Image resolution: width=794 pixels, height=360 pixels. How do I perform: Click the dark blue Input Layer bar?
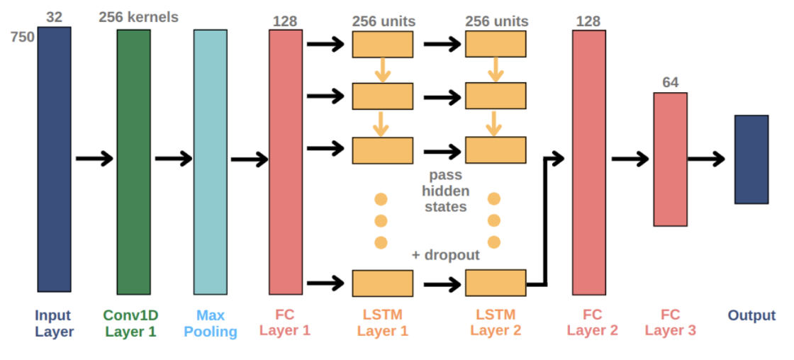(x=55, y=159)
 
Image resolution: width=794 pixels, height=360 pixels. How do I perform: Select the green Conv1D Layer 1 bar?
(x=134, y=162)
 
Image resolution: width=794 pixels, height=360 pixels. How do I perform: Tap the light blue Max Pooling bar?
(x=211, y=162)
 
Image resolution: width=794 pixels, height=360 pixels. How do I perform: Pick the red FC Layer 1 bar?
(x=286, y=162)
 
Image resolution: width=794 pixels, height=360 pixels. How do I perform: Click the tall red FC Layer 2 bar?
(x=589, y=162)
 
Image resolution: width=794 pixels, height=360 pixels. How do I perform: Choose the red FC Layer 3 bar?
(x=670, y=159)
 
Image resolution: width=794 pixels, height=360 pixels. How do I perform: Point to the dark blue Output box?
(x=751, y=159)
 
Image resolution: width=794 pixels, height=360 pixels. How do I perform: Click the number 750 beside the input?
(x=23, y=37)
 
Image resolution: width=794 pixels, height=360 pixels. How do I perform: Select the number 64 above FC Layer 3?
(x=670, y=82)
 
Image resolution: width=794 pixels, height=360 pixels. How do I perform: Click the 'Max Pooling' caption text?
(x=211, y=323)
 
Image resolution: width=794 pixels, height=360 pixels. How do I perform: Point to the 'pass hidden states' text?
(x=445, y=191)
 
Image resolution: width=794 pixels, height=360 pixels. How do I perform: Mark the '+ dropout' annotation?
(x=446, y=255)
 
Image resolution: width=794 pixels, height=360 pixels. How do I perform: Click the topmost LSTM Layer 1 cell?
(x=382, y=44)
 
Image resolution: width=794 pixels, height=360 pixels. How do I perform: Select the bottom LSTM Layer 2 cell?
(x=496, y=283)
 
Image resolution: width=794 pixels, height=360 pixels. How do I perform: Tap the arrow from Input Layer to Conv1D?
(x=94, y=159)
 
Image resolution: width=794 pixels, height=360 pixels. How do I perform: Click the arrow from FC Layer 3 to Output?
(x=706, y=159)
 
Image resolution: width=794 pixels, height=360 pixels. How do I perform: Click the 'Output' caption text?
(x=751, y=316)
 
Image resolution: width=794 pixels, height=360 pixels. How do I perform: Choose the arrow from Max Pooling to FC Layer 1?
(x=248, y=159)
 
